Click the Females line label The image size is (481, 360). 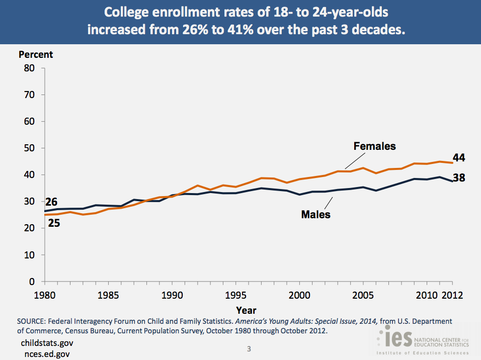375,146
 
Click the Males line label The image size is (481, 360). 315,215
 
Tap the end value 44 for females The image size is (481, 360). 458,158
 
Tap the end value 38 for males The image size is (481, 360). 458,177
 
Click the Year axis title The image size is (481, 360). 247,310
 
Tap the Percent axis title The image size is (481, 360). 36,55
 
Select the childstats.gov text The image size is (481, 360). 47,343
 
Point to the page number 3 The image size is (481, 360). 249,348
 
